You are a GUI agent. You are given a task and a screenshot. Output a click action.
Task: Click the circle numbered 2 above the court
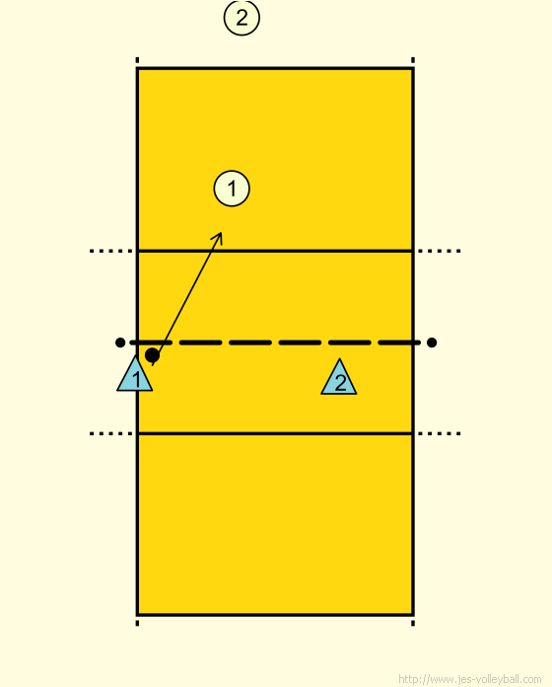click(x=241, y=18)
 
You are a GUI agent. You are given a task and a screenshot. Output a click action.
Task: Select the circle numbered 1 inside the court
click(x=232, y=189)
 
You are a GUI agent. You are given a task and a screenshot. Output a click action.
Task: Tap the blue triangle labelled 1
click(x=135, y=374)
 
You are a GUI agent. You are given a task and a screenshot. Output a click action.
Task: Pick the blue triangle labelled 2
click(x=339, y=377)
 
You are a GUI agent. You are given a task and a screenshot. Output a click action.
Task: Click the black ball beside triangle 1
click(x=152, y=355)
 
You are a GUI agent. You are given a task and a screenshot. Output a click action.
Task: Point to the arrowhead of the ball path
click(x=221, y=234)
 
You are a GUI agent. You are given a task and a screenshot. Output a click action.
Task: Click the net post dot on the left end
click(x=120, y=343)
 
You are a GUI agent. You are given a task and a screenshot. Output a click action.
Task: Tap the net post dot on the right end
click(x=432, y=343)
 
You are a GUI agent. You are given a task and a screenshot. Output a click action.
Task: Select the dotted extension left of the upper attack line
click(x=111, y=251)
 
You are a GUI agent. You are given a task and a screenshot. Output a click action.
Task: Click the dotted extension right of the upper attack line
click(x=440, y=251)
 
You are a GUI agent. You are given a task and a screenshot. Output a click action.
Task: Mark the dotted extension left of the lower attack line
click(x=111, y=433)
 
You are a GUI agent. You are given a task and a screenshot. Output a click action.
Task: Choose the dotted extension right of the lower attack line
click(x=440, y=433)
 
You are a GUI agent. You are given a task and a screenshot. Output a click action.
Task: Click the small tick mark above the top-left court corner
click(x=137, y=60)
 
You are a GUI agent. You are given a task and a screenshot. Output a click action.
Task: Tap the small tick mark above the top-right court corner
click(x=413, y=60)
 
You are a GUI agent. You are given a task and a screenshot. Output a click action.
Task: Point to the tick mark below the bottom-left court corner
click(x=137, y=623)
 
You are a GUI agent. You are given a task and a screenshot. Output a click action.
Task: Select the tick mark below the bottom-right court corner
click(x=413, y=623)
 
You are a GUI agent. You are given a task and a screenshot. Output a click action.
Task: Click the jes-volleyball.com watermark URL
click(x=470, y=679)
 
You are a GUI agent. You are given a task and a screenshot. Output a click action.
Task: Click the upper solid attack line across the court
click(x=275, y=251)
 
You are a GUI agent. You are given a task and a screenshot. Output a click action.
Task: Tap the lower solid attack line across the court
click(x=275, y=433)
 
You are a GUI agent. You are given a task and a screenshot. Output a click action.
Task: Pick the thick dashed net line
click(x=275, y=343)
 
